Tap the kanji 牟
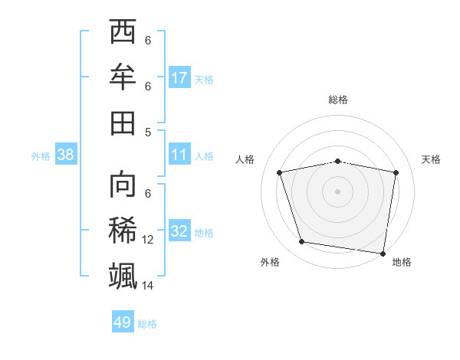point(123,77)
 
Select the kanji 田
point(123,121)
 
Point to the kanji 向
point(123,186)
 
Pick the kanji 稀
point(123,231)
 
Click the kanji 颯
point(123,275)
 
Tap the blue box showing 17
point(179,78)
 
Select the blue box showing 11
point(179,155)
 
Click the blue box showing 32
point(179,232)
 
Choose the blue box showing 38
point(66,155)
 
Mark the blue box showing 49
point(123,322)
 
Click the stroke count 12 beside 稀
point(148,240)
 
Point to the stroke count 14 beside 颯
point(148,285)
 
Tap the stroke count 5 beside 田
point(148,131)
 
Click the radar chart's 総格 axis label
point(338,100)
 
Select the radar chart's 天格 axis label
point(431,159)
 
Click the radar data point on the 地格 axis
point(383,253)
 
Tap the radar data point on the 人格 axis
point(280,172)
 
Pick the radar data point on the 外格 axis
point(302,242)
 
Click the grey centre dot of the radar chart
point(338,191)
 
